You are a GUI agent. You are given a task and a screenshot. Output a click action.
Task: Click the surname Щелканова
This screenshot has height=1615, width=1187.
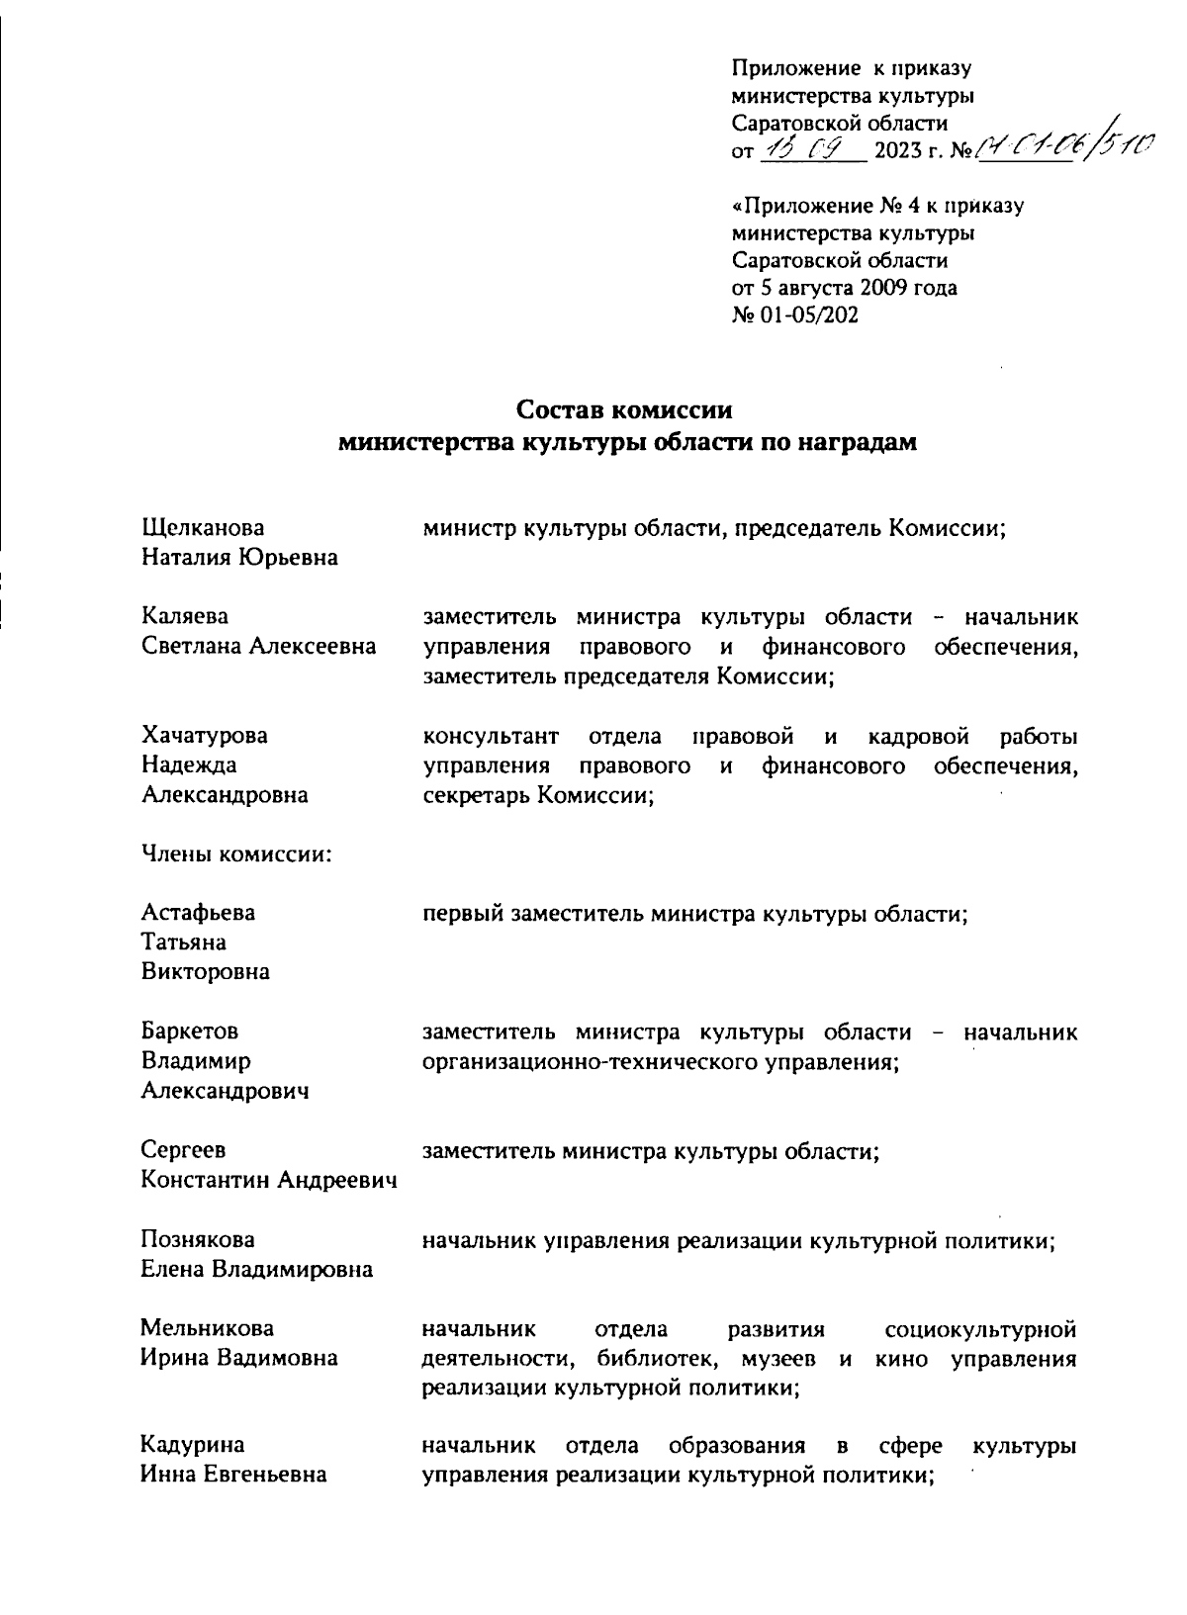pyautogui.click(x=204, y=528)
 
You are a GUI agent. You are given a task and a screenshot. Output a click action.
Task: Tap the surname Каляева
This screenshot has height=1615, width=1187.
pyautogui.click(x=185, y=617)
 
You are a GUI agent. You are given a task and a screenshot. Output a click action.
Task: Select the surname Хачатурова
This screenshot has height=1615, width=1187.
pyautogui.click(x=204, y=736)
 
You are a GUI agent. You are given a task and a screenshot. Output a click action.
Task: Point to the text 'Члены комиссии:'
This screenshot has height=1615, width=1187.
pyautogui.click(x=235, y=853)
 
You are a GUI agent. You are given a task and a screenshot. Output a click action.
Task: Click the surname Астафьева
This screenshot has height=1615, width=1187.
pyautogui.click(x=198, y=913)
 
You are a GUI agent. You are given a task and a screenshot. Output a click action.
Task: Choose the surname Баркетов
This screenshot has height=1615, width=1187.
pyautogui.click(x=190, y=1032)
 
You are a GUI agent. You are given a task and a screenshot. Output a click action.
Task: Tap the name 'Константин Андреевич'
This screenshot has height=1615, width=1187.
pyautogui.click(x=269, y=1180)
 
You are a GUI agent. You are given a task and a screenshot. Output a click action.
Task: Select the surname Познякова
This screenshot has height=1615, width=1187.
pyautogui.click(x=198, y=1239)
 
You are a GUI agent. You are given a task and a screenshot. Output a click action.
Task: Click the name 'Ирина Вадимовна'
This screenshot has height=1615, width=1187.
pyautogui.click(x=238, y=1358)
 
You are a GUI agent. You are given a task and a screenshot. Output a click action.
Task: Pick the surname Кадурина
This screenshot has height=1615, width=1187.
pyautogui.click(x=193, y=1447)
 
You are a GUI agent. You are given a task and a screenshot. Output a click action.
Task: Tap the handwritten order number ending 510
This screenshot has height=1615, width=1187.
pyautogui.click(x=1058, y=148)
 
